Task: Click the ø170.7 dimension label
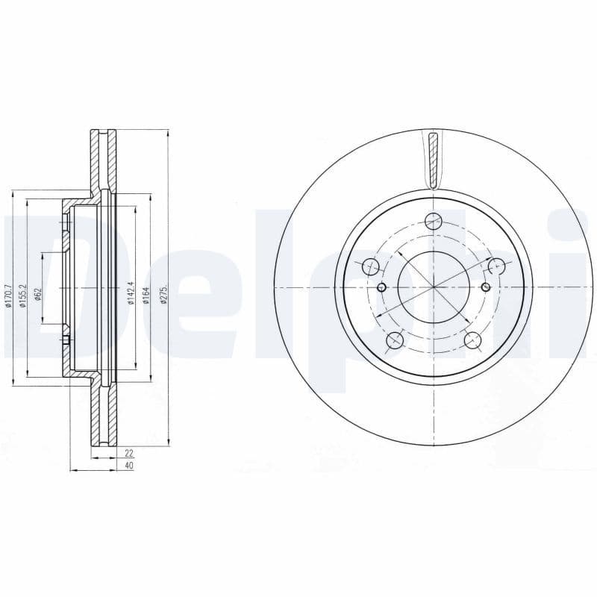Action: tap(7, 298)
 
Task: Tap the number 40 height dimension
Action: tap(128, 466)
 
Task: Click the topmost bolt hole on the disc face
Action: tap(433, 220)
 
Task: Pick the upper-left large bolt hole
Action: tap(370, 266)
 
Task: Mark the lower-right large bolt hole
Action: tap(472, 340)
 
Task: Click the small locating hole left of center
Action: tap(382, 287)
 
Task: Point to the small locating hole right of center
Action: tap(485, 287)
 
